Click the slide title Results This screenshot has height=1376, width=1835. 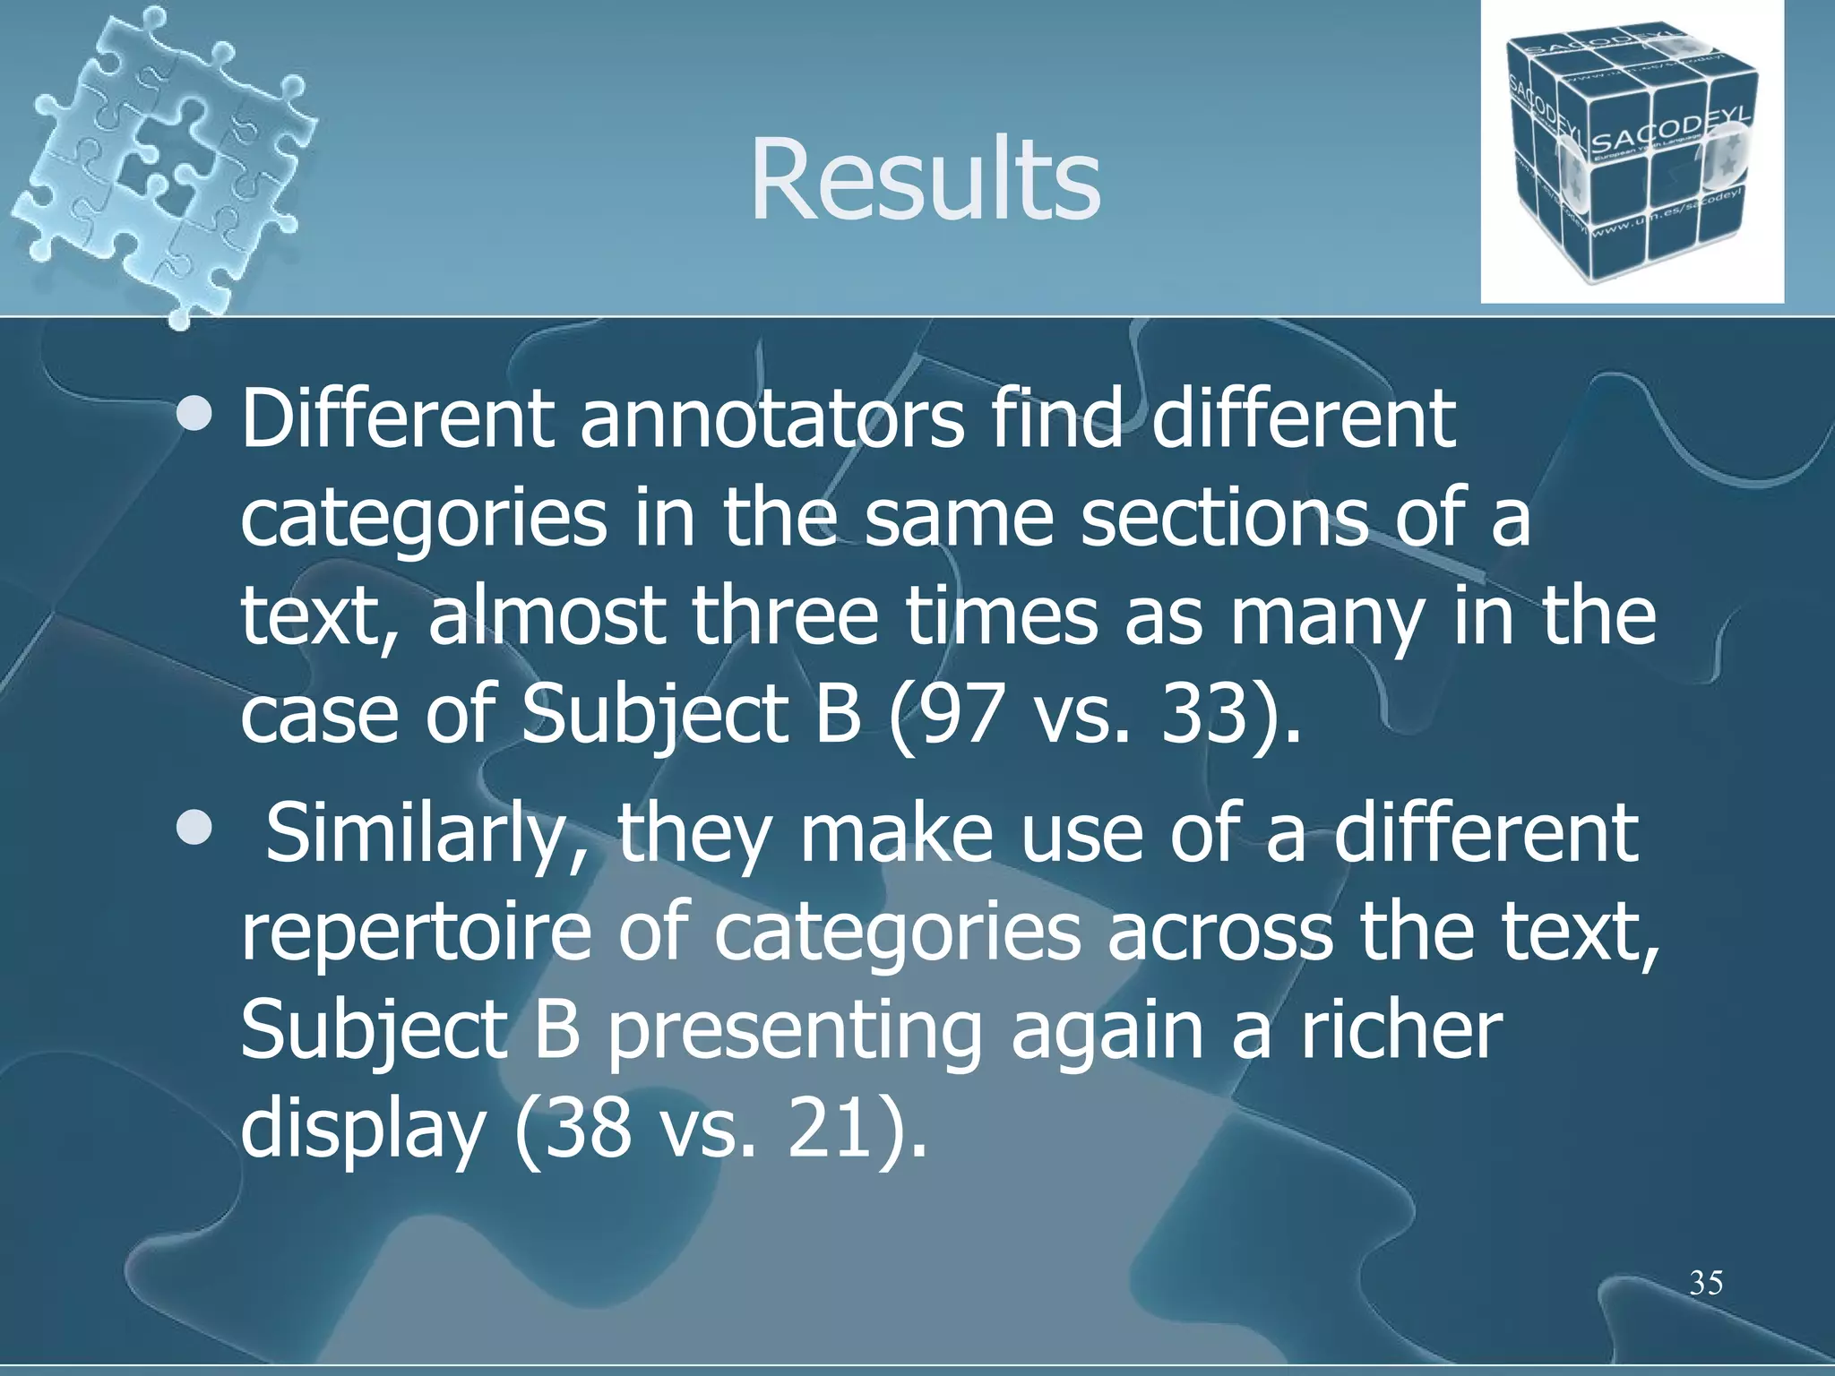point(925,179)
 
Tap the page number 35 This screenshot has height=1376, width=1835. point(1705,1284)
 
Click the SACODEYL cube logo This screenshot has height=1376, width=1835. point(1631,152)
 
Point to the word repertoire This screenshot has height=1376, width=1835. point(417,933)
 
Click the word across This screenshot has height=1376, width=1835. point(1220,933)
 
